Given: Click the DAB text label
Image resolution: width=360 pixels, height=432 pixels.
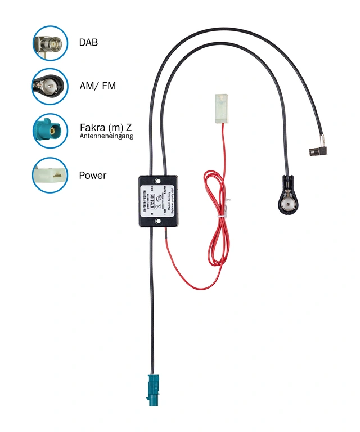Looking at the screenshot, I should (88, 42).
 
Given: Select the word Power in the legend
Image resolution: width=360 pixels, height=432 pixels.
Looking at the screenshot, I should (93, 175).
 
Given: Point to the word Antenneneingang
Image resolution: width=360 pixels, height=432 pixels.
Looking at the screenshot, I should (106, 136).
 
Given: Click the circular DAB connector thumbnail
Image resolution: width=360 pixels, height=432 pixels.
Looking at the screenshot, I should (50, 43).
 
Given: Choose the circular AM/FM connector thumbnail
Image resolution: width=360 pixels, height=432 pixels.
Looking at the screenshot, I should (50, 87).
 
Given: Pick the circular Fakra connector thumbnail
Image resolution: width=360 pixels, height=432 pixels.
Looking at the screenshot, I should (50, 131).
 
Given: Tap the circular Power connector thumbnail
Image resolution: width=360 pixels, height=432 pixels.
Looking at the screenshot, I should (50, 175).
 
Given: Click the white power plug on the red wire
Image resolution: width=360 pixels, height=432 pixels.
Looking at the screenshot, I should (221, 107).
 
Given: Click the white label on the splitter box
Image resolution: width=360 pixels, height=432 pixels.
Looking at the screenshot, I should (157, 201).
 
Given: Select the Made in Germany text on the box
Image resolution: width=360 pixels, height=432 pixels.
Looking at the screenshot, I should (168, 201).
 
